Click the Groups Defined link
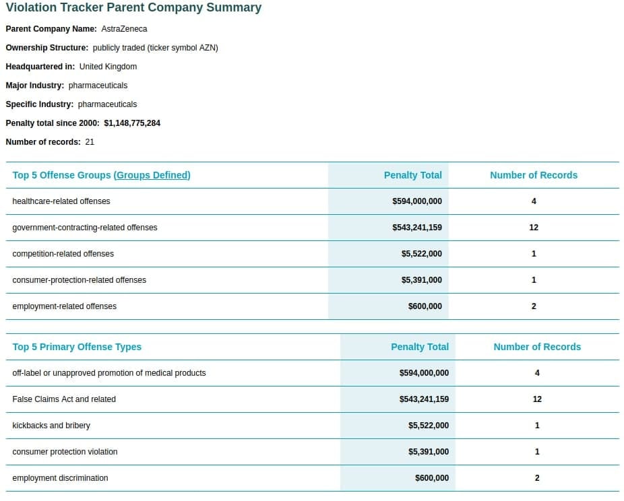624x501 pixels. pyautogui.click(x=152, y=175)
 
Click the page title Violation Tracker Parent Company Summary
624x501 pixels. pyautogui.click(x=133, y=7)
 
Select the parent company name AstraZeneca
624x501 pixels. pyautogui.click(x=124, y=29)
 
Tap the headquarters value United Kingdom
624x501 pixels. pyautogui.click(x=108, y=67)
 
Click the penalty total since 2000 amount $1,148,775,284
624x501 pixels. pyautogui.click(x=132, y=123)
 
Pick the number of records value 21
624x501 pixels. pyautogui.click(x=90, y=142)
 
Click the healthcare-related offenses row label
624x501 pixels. pyautogui.click(x=61, y=201)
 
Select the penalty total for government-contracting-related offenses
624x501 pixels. pyautogui.click(x=417, y=228)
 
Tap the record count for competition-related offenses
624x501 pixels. pyautogui.click(x=534, y=254)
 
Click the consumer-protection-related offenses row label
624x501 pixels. pyautogui.click(x=80, y=280)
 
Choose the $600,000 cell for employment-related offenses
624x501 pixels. pyautogui.click(x=425, y=306)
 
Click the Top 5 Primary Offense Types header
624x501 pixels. pyautogui.click(x=77, y=347)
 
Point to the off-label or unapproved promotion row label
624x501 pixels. pyautogui.click(x=109, y=373)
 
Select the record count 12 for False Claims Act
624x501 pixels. pyautogui.click(x=537, y=399)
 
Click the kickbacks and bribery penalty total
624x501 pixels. pyautogui.click(x=429, y=426)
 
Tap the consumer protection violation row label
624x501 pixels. pyautogui.click(x=65, y=452)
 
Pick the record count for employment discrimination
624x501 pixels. pyautogui.click(x=537, y=478)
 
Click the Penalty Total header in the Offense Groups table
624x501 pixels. pyautogui.click(x=412, y=175)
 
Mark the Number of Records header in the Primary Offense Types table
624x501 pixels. pyautogui.click(x=537, y=347)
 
